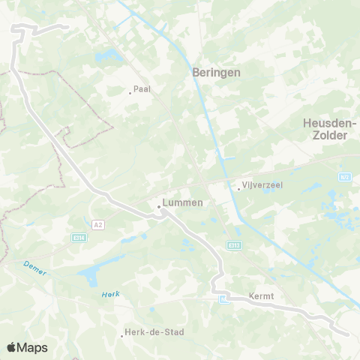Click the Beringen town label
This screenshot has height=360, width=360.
point(216,72)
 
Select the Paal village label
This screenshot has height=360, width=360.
point(142,89)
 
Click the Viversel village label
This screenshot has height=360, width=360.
point(262,186)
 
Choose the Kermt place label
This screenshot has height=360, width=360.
point(262,295)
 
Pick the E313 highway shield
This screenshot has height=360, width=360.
point(233,245)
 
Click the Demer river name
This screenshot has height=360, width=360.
point(34,267)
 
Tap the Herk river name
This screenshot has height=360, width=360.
point(110,293)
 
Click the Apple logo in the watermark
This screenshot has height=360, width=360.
point(11,347)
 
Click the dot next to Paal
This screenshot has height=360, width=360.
point(130,93)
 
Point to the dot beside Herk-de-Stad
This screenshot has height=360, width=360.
point(122,334)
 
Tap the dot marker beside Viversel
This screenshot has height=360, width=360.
point(238,188)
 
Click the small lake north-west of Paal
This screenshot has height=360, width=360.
point(112,55)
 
